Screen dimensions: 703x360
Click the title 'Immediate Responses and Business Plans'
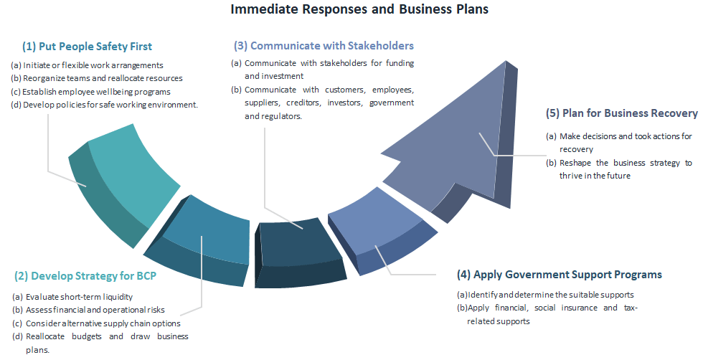click(x=359, y=9)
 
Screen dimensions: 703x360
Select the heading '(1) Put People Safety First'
click(x=87, y=46)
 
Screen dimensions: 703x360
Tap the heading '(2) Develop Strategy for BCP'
click(x=85, y=275)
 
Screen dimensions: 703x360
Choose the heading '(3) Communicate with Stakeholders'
click(x=324, y=46)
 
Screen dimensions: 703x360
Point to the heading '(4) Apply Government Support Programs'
click(x=560, y=275)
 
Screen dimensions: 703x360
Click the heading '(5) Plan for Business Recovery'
click(x=622, y=113)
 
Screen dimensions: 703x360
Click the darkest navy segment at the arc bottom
click(x=300, y=252)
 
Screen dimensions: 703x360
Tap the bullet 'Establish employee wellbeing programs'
click(x=96, y=92)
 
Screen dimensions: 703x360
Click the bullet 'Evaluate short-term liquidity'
click(x=80, y=297)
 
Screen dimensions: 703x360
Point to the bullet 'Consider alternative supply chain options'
click(x=103, y=323)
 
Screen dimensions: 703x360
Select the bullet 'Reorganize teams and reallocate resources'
click(x=103, y=78)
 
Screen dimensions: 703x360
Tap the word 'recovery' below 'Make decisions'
click(x=576, y=149)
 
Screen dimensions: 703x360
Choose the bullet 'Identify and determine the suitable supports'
click(x=551, y=295)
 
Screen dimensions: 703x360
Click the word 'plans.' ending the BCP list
click(x=37, y=350)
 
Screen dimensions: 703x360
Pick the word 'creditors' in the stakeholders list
click(x=303, y=103)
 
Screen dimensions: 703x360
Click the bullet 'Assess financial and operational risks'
click(x=95, y=310)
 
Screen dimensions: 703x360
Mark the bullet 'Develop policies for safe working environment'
click(x=110, y=105)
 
